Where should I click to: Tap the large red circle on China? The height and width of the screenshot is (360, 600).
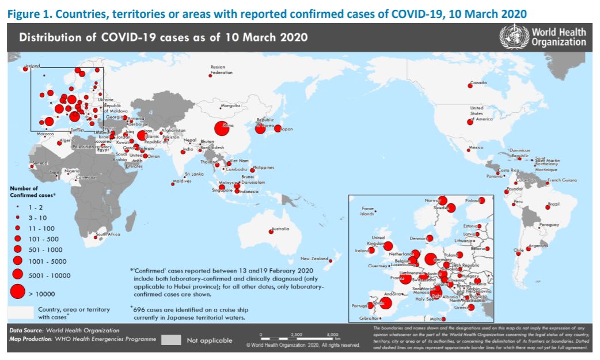coord(224,128)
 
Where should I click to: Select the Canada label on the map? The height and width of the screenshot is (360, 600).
coord(479,83)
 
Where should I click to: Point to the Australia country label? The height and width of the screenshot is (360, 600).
coord(280,229)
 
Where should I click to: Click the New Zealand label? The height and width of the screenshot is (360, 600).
coord(314,259)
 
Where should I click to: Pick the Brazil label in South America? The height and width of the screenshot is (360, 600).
coord(554,203)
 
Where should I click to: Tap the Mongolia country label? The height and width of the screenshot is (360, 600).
coord(230,106)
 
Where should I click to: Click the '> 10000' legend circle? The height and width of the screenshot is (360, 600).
coord(18,292)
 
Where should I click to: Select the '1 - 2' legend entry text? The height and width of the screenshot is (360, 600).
coord(36,206)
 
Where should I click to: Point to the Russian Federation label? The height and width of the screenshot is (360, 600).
coord(221,70)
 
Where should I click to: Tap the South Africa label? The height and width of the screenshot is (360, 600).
coord(108,234)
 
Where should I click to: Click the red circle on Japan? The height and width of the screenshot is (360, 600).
coord(278,129)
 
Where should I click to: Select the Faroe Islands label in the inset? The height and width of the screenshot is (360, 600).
coord(367,211)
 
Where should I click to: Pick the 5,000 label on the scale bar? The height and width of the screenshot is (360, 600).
coord(333,334)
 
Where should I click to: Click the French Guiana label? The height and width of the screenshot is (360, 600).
coord(562,180)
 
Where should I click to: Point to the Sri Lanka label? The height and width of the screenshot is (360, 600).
coord(194,173)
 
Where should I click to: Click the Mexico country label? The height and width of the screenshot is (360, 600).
coord(476,147)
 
